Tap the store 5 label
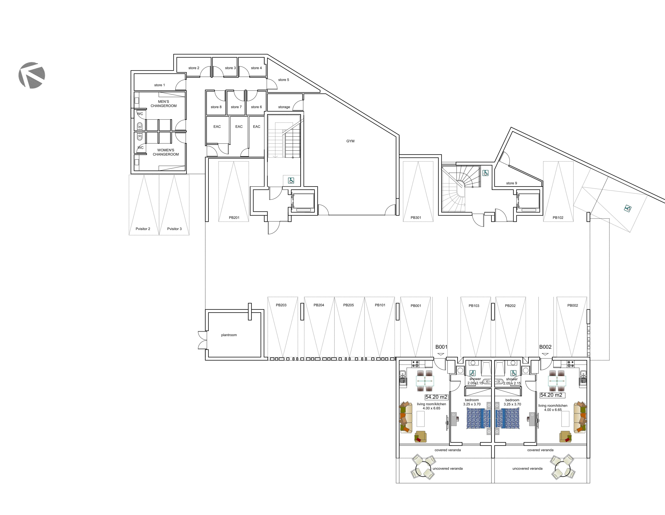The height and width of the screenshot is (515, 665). [x=283, y=80]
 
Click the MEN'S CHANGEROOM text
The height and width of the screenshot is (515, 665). [x=164, y=104]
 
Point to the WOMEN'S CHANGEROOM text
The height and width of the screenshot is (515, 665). [x=166, y=152]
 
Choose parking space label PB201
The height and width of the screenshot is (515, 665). [x=234, y=218]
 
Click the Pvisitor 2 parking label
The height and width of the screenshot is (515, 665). [x=143, y=229]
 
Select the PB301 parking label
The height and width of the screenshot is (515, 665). [x=416, y=218]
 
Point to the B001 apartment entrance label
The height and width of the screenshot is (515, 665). [x=441, y=347]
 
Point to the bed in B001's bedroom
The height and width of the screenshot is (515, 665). [x=478, y=418]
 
